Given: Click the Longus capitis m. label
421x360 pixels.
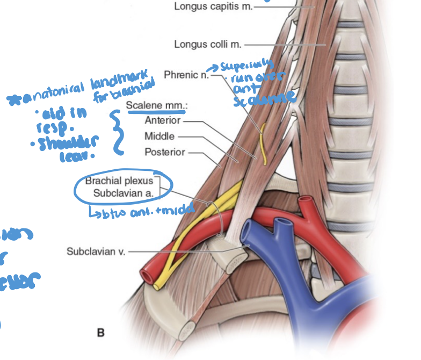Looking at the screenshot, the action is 213,7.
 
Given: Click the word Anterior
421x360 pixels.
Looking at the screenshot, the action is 163,121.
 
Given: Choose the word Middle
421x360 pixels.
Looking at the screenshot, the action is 159,136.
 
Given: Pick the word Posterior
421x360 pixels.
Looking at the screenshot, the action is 165,152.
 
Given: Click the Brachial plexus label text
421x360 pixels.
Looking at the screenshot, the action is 119,181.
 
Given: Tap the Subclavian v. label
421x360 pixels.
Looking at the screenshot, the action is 96,251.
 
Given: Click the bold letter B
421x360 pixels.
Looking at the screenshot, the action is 101,333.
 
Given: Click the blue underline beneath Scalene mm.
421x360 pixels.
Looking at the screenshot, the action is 156,112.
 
